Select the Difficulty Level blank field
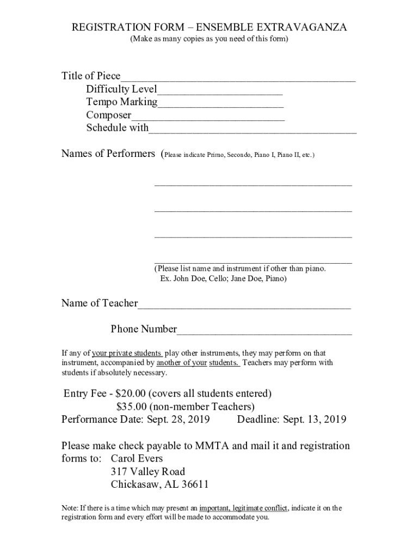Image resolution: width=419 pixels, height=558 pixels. [220, 91]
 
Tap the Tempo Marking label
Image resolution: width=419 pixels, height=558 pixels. [121, 102]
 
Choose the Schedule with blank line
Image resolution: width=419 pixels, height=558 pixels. [252, 130]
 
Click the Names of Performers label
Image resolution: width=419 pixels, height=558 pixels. [108, 154]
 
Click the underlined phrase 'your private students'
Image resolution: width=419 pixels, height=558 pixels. [127, 353]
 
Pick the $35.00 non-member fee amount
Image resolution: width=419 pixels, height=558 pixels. [132, 407]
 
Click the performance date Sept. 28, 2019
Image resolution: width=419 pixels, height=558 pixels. [176, 420]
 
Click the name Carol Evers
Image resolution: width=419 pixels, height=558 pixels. [137, 458]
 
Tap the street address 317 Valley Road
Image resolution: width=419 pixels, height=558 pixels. [147, 471]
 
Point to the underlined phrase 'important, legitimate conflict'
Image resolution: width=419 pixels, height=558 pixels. [244, 508]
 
